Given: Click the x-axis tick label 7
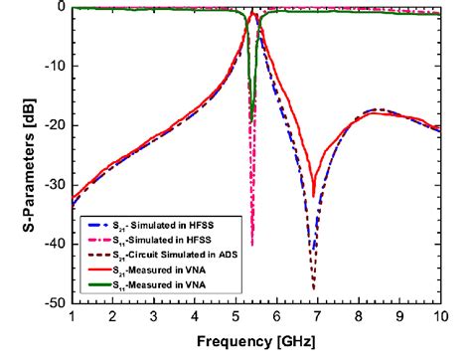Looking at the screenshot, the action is tap(318, 316).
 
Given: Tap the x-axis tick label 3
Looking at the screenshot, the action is tap(154, 316).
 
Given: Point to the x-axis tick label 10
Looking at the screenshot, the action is tap(441, 316).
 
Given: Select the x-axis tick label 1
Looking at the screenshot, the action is tap(72, 316).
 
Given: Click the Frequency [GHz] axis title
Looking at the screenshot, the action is tap(256, 341).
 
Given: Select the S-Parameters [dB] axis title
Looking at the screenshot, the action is tap(29, 165).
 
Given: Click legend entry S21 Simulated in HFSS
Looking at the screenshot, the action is tap(163, 226).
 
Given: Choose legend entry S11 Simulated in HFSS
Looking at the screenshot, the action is tap(162, 241).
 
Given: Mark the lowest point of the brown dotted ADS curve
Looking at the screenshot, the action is tap(314, 289).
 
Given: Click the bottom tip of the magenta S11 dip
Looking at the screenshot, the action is tap(252, 246).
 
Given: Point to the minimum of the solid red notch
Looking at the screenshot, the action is tap(313, 197).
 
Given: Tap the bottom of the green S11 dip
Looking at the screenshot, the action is tap(251, 121).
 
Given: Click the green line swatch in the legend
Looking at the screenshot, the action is tap(98, 284).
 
